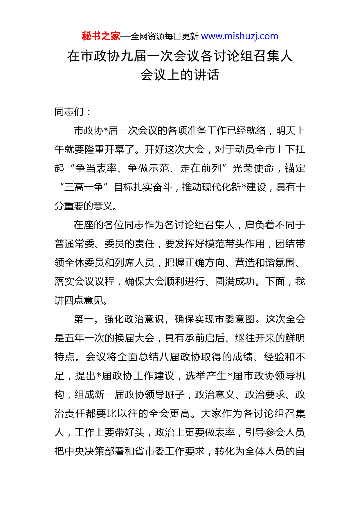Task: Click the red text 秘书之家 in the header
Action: pos(101,36)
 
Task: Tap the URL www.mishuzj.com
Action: pos(240,36)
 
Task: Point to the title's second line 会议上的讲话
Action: pos(180,75)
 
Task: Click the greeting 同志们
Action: pos(69,112)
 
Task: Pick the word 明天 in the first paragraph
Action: pos(286,131)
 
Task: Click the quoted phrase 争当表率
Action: pos(96,168)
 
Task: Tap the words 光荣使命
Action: pos(253,168)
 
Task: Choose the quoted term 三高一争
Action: pos(84,187)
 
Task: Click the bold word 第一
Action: pos(84,319)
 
